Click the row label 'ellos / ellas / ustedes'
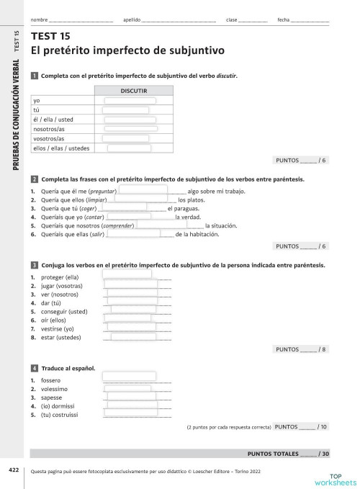pos(60,148)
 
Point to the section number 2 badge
pos(35,179)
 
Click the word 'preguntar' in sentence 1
pos(102,190)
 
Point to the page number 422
pos(14,470)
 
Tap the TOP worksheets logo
pos(335,478)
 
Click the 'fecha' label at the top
pos(284,19)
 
